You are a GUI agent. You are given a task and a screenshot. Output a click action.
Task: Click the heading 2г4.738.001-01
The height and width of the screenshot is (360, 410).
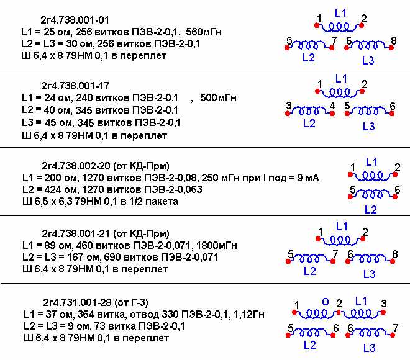75,20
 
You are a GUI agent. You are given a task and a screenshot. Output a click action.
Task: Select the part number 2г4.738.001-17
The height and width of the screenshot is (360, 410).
75,86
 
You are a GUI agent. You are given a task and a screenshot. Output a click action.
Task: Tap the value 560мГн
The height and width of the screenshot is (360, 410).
204,32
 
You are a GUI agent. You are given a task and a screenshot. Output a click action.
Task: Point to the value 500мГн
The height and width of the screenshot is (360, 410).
218,97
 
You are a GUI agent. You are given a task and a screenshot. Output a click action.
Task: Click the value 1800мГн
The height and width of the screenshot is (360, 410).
217,245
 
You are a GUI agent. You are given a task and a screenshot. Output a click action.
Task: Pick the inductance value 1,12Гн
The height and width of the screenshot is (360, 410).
248,314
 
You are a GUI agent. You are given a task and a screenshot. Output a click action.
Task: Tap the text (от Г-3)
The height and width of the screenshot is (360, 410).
132,302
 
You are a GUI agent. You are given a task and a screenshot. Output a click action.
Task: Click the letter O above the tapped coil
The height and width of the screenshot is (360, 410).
326,302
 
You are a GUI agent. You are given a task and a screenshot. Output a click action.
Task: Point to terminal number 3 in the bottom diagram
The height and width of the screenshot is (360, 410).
383,304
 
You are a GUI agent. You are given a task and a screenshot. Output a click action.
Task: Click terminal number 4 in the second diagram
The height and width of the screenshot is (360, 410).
332,106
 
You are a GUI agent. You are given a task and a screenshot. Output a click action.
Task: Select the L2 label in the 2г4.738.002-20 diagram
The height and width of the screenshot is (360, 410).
371,210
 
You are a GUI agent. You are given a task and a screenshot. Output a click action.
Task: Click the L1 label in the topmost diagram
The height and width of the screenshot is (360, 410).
340,12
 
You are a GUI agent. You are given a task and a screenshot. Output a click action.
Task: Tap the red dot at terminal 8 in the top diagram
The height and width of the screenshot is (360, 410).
391,48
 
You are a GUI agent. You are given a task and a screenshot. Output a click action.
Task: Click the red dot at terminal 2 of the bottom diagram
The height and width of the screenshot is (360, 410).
339,312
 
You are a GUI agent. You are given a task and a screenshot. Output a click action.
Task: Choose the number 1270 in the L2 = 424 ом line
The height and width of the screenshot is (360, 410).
93,189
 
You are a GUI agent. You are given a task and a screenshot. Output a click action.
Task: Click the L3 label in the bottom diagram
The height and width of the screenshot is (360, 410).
369,348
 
